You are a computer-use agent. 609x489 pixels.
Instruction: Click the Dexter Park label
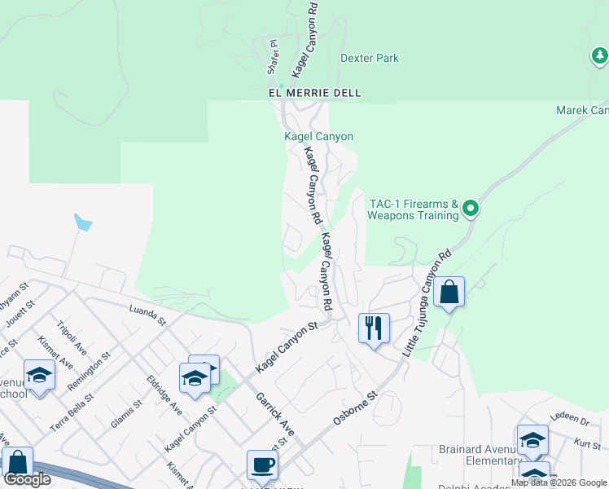[x=370, y=59]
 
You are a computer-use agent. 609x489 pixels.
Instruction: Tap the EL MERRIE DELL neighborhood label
[x=314, y=94]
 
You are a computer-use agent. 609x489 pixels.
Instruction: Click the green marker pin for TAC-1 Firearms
[x=470, y=210]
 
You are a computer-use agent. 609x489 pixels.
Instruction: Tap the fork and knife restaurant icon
[x=374, y=328]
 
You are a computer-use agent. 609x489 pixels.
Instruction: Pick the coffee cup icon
[x=262, y=465]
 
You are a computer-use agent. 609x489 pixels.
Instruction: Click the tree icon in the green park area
[x=599, y=56]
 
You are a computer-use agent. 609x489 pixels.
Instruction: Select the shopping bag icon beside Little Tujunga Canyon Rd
[x=449, y=292]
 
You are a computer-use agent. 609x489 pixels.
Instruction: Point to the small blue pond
[x=82, y=222]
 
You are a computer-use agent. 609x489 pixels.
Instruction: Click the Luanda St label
[x=147, y=315]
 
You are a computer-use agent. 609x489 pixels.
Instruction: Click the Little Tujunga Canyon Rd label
[x=427, y=302]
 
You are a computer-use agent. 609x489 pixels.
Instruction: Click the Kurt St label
[x=586, y=443]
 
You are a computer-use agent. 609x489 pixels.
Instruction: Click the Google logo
[x=27, y=479]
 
